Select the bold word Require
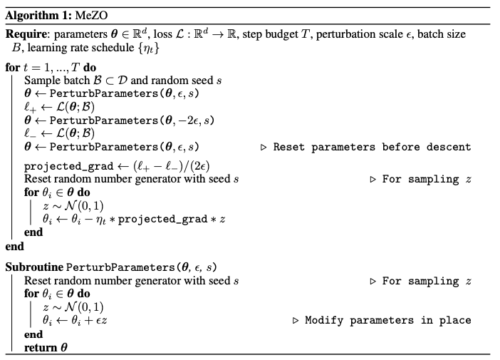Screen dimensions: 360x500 pyautogui.click(x=26, y=34)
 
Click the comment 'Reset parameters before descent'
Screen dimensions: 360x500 pyautogui.click(x=373, y=147)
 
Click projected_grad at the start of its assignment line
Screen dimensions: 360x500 pyautogui.click(x=58, y=166)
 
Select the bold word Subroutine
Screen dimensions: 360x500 pyautogui.click(x=34, y=267)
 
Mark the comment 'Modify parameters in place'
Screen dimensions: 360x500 pyautogui.click(x=388, y=320)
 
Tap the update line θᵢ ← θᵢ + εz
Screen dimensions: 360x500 pyautogui.click(x=75, y=320)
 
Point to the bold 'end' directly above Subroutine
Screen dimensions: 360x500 pyautogui.click(x=14, y=247)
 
